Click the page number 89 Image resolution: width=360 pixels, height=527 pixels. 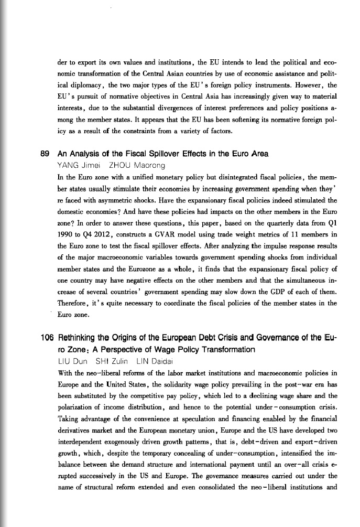click(45, 154)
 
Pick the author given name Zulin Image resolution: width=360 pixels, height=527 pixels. click(116, 362)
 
